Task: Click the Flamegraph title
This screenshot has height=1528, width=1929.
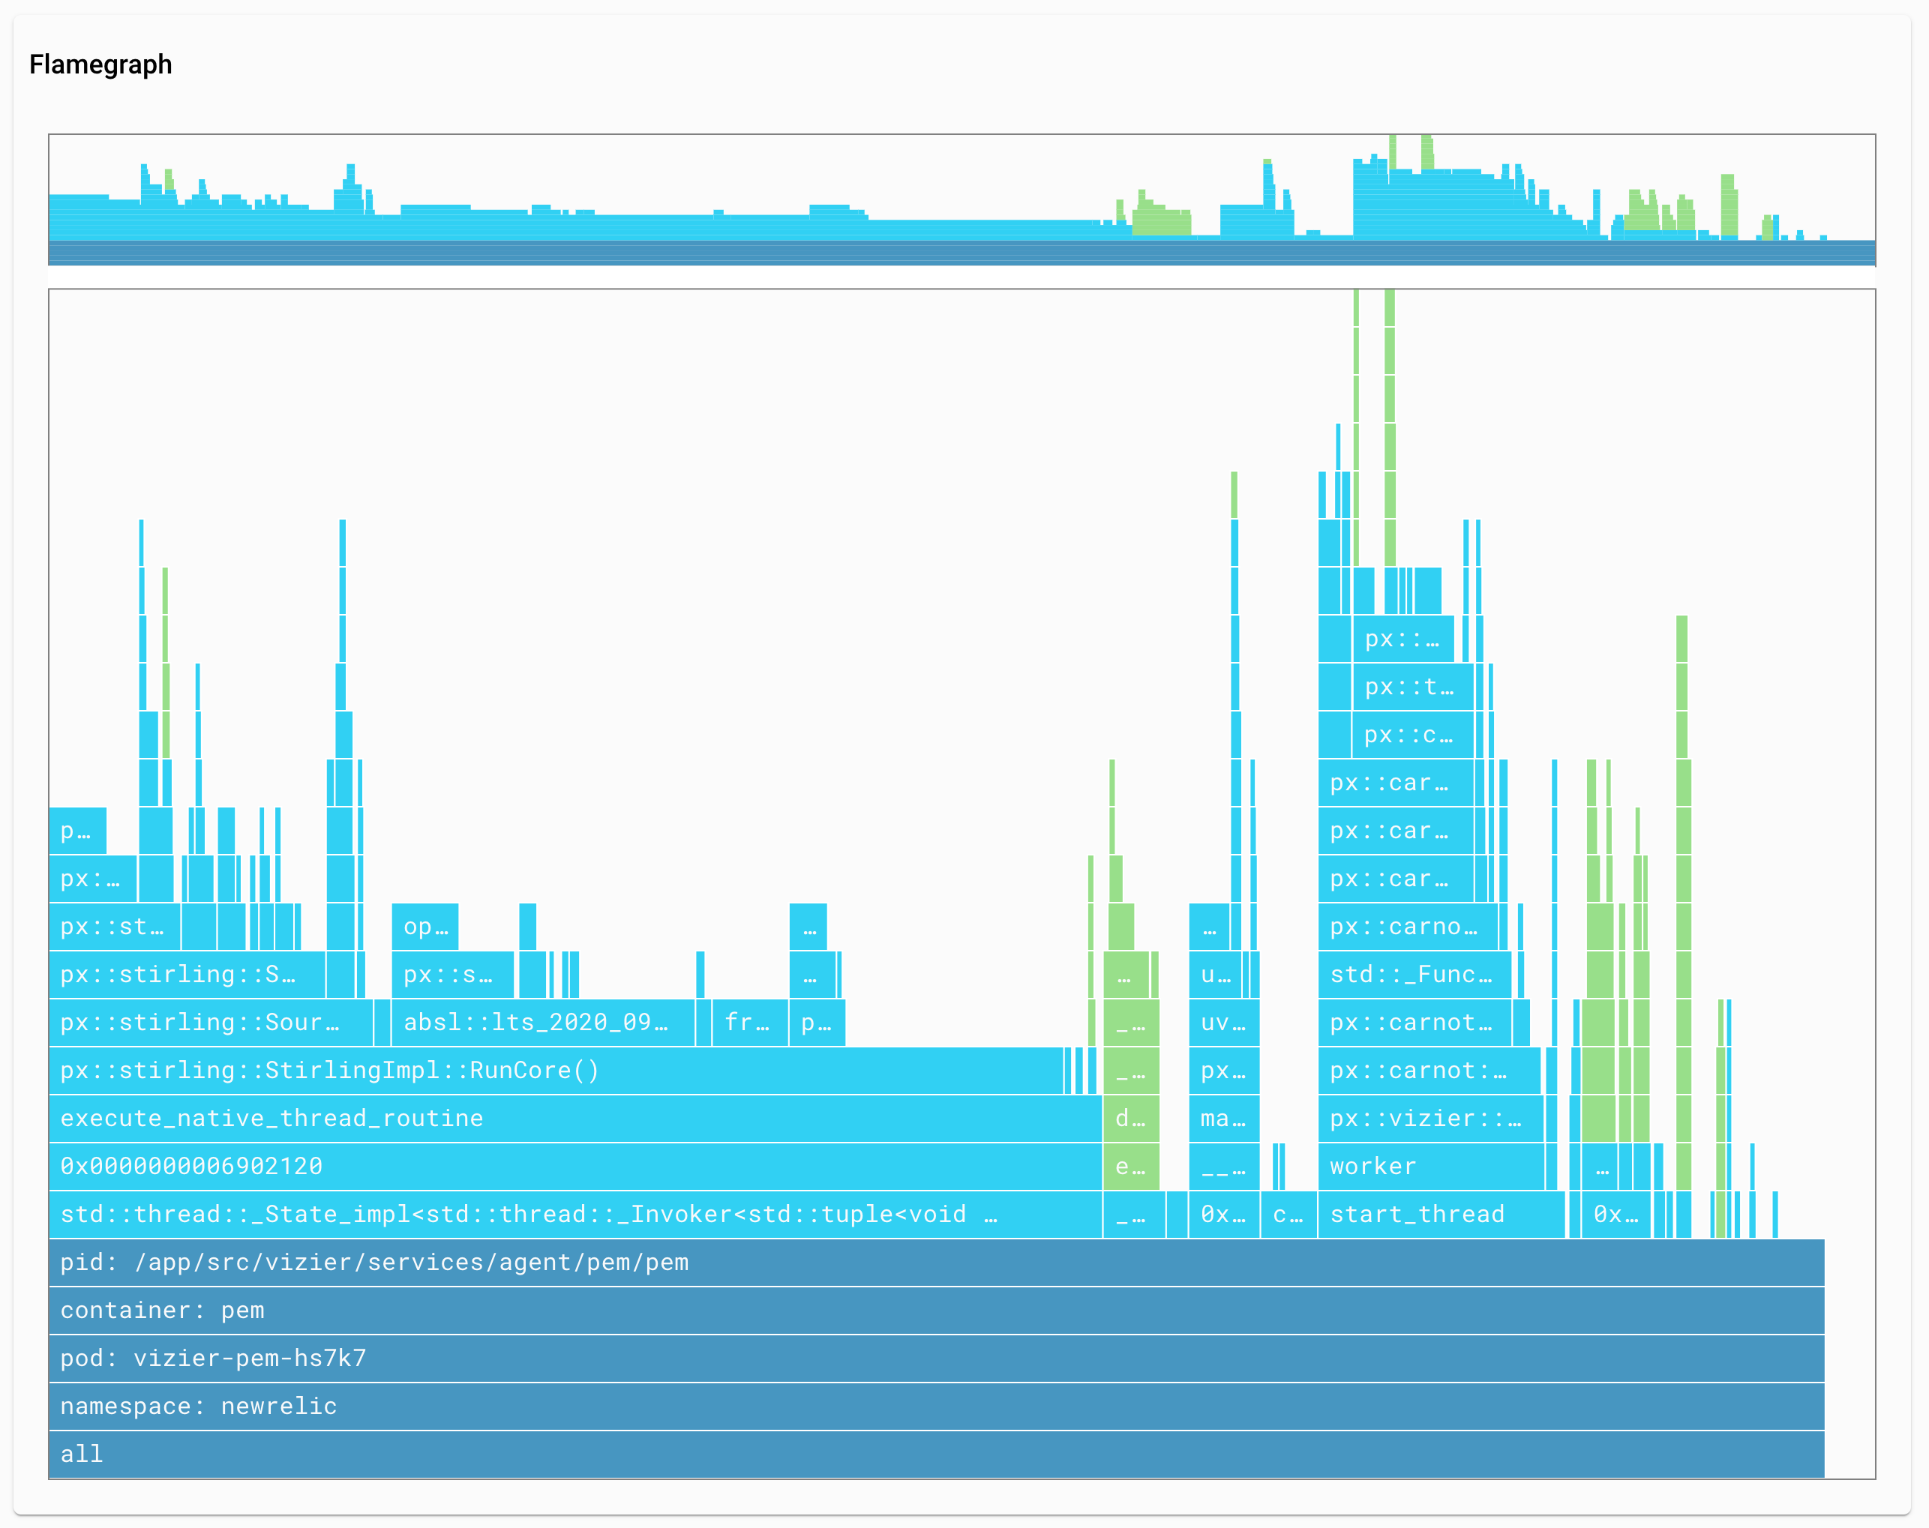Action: click(x=100, y=64)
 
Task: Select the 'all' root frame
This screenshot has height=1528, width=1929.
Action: click(x=935, y=1454)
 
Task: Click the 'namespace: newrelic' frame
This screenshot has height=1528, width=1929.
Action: click(x=935, y=1406)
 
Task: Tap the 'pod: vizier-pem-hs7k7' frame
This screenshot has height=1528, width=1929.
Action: click(x=935, y=1358)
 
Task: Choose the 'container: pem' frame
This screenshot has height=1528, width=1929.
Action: click(x=935, y=1310)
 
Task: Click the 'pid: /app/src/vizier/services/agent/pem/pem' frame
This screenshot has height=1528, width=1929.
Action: click(x=935, y=1263)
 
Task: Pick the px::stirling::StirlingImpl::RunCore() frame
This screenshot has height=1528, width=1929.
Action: click(x=555, y=1070)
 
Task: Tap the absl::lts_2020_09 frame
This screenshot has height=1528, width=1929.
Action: click(x=542, y=1023)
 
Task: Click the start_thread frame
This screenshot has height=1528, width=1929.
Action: click(x=1441, y=1214)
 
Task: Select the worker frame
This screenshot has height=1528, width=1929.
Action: click(x=1429, y=1166)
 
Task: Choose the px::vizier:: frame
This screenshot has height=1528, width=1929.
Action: click(x=1429, y=1119)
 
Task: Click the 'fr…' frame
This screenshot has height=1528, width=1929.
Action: click(x=748, y=1023)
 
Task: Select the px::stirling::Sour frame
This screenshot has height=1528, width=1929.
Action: click(x=210, y=1023)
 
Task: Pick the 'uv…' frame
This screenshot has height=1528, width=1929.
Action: click(x=1223, y=1023)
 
